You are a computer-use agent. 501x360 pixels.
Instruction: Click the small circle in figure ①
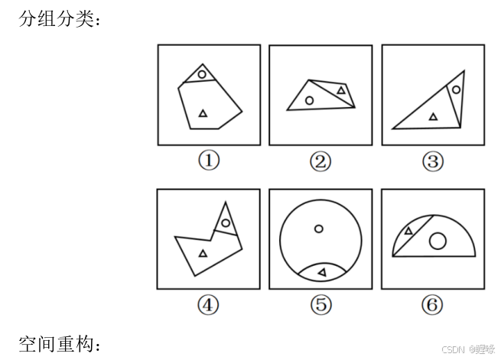202,74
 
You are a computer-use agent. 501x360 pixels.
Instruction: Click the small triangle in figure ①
203,113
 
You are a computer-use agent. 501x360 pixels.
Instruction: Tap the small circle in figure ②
309,100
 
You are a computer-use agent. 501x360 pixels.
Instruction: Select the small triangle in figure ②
341,91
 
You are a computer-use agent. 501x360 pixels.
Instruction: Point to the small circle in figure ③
456,89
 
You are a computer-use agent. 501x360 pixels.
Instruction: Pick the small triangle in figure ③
434,116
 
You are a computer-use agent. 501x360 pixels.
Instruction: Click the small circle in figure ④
226,223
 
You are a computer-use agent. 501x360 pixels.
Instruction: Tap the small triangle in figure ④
203,253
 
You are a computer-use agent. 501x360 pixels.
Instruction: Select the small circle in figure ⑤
319,229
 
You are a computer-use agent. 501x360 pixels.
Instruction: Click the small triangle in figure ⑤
322,272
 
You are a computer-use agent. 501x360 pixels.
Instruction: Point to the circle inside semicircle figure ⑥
438,242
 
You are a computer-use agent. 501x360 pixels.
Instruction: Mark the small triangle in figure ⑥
408,230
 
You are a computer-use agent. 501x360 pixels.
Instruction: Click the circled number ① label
208,161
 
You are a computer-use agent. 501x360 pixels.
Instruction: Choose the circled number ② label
320,161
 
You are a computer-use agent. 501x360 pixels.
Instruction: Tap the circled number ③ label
432,161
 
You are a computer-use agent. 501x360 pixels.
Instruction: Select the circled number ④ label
208,305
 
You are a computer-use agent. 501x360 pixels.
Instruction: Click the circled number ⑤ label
320,305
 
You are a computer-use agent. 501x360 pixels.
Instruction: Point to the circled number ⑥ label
432,305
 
